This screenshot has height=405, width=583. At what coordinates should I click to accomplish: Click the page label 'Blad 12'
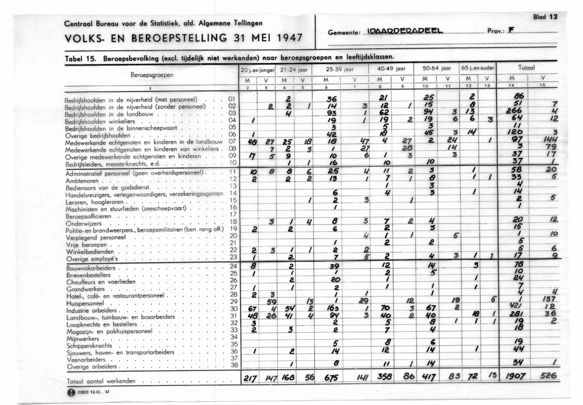[x=545, y=17]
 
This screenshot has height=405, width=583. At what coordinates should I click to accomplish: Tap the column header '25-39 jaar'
[x=337, y=69]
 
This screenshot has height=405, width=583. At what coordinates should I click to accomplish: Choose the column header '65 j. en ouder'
[x=478, y=69]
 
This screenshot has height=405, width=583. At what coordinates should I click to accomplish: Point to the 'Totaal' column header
[x=526, y=69]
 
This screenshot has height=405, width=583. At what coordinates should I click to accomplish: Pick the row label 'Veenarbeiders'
[x=86, y=360]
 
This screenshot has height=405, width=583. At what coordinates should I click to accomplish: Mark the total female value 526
[x=548, y=376]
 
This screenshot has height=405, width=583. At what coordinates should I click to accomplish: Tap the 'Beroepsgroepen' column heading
[x=151, y=75]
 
